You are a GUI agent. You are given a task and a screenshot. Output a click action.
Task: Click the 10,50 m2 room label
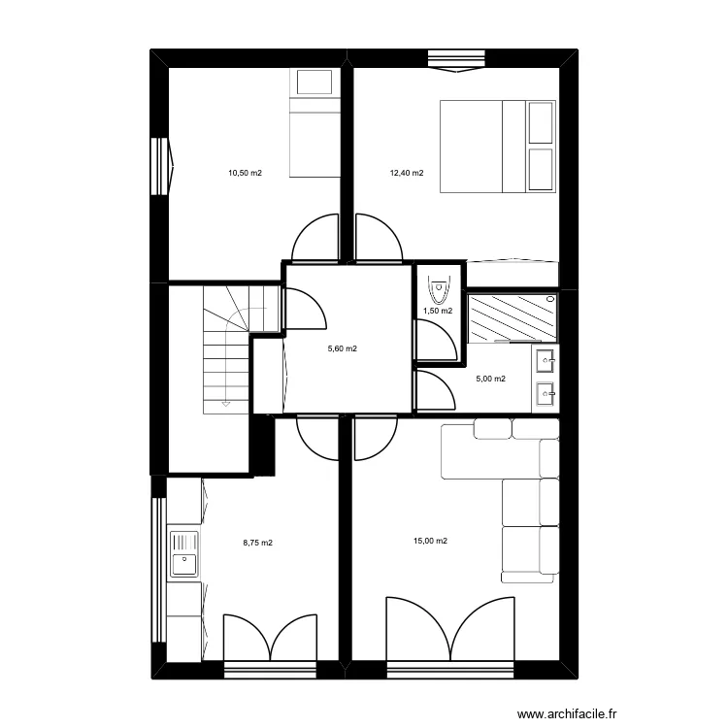coord(245,174)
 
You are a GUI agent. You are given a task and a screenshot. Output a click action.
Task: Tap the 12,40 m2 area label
coord(407,174)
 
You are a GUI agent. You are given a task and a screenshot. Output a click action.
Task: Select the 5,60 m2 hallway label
coord(342,349)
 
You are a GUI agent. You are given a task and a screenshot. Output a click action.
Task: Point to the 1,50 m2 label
coord(437,312)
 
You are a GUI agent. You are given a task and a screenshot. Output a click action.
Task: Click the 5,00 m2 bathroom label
coord(489,380)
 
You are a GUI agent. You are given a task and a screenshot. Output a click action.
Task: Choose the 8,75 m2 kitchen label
coord(257,544)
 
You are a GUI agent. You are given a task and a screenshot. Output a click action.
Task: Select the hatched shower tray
coord(513,318)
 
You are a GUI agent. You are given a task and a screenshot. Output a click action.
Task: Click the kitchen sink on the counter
coord(183,553)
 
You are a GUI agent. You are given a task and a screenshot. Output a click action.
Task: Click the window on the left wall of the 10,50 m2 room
coord(159,165)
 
